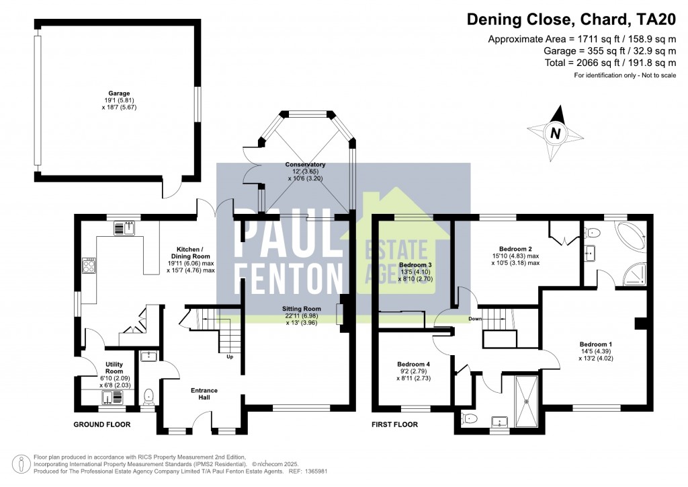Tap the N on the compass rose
[555, 133]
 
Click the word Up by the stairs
[229, 357]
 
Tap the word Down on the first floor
[476, 320]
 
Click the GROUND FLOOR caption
[101, 424]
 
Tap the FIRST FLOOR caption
[395, 424]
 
